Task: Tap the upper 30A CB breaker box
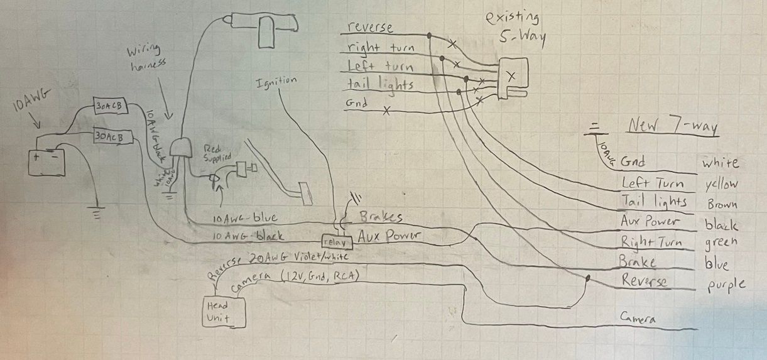(x=111, y=107)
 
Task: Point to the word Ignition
(x=276, y=83)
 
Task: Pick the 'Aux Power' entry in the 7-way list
(x=650, y=221)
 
